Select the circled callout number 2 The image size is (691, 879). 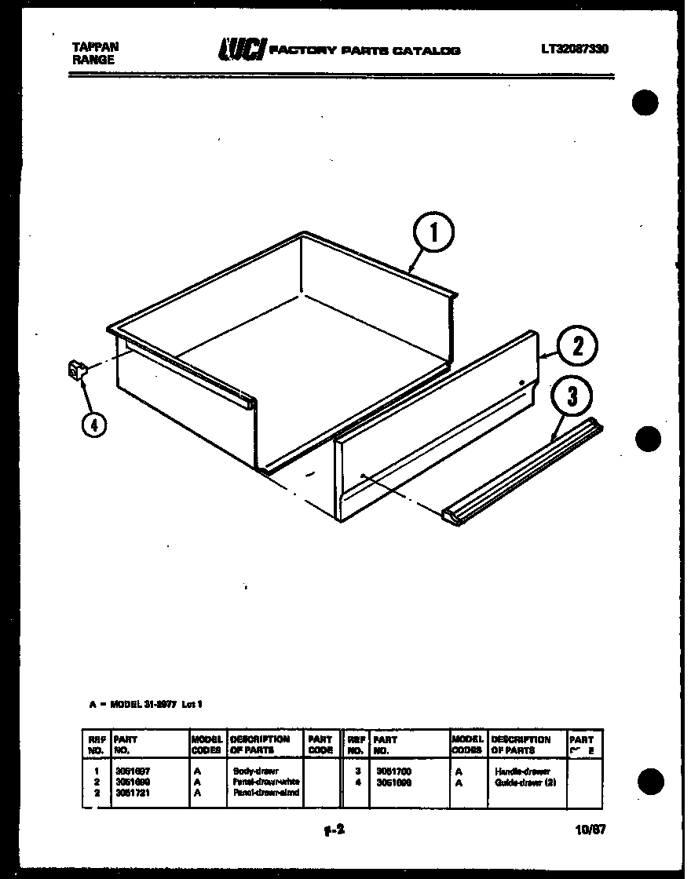(578, 347)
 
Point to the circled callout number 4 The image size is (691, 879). (93, 425)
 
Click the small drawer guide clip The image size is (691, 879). (76, 370)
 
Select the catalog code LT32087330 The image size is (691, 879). (574, 49)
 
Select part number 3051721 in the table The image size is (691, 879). (132, 793)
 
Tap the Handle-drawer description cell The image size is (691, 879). (522, 771)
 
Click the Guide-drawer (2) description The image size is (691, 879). (525, 782)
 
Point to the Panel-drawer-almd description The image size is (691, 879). (265, 793)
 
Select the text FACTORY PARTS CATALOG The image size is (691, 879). (365, 51)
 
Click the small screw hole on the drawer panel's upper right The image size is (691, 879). (521, 382)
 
